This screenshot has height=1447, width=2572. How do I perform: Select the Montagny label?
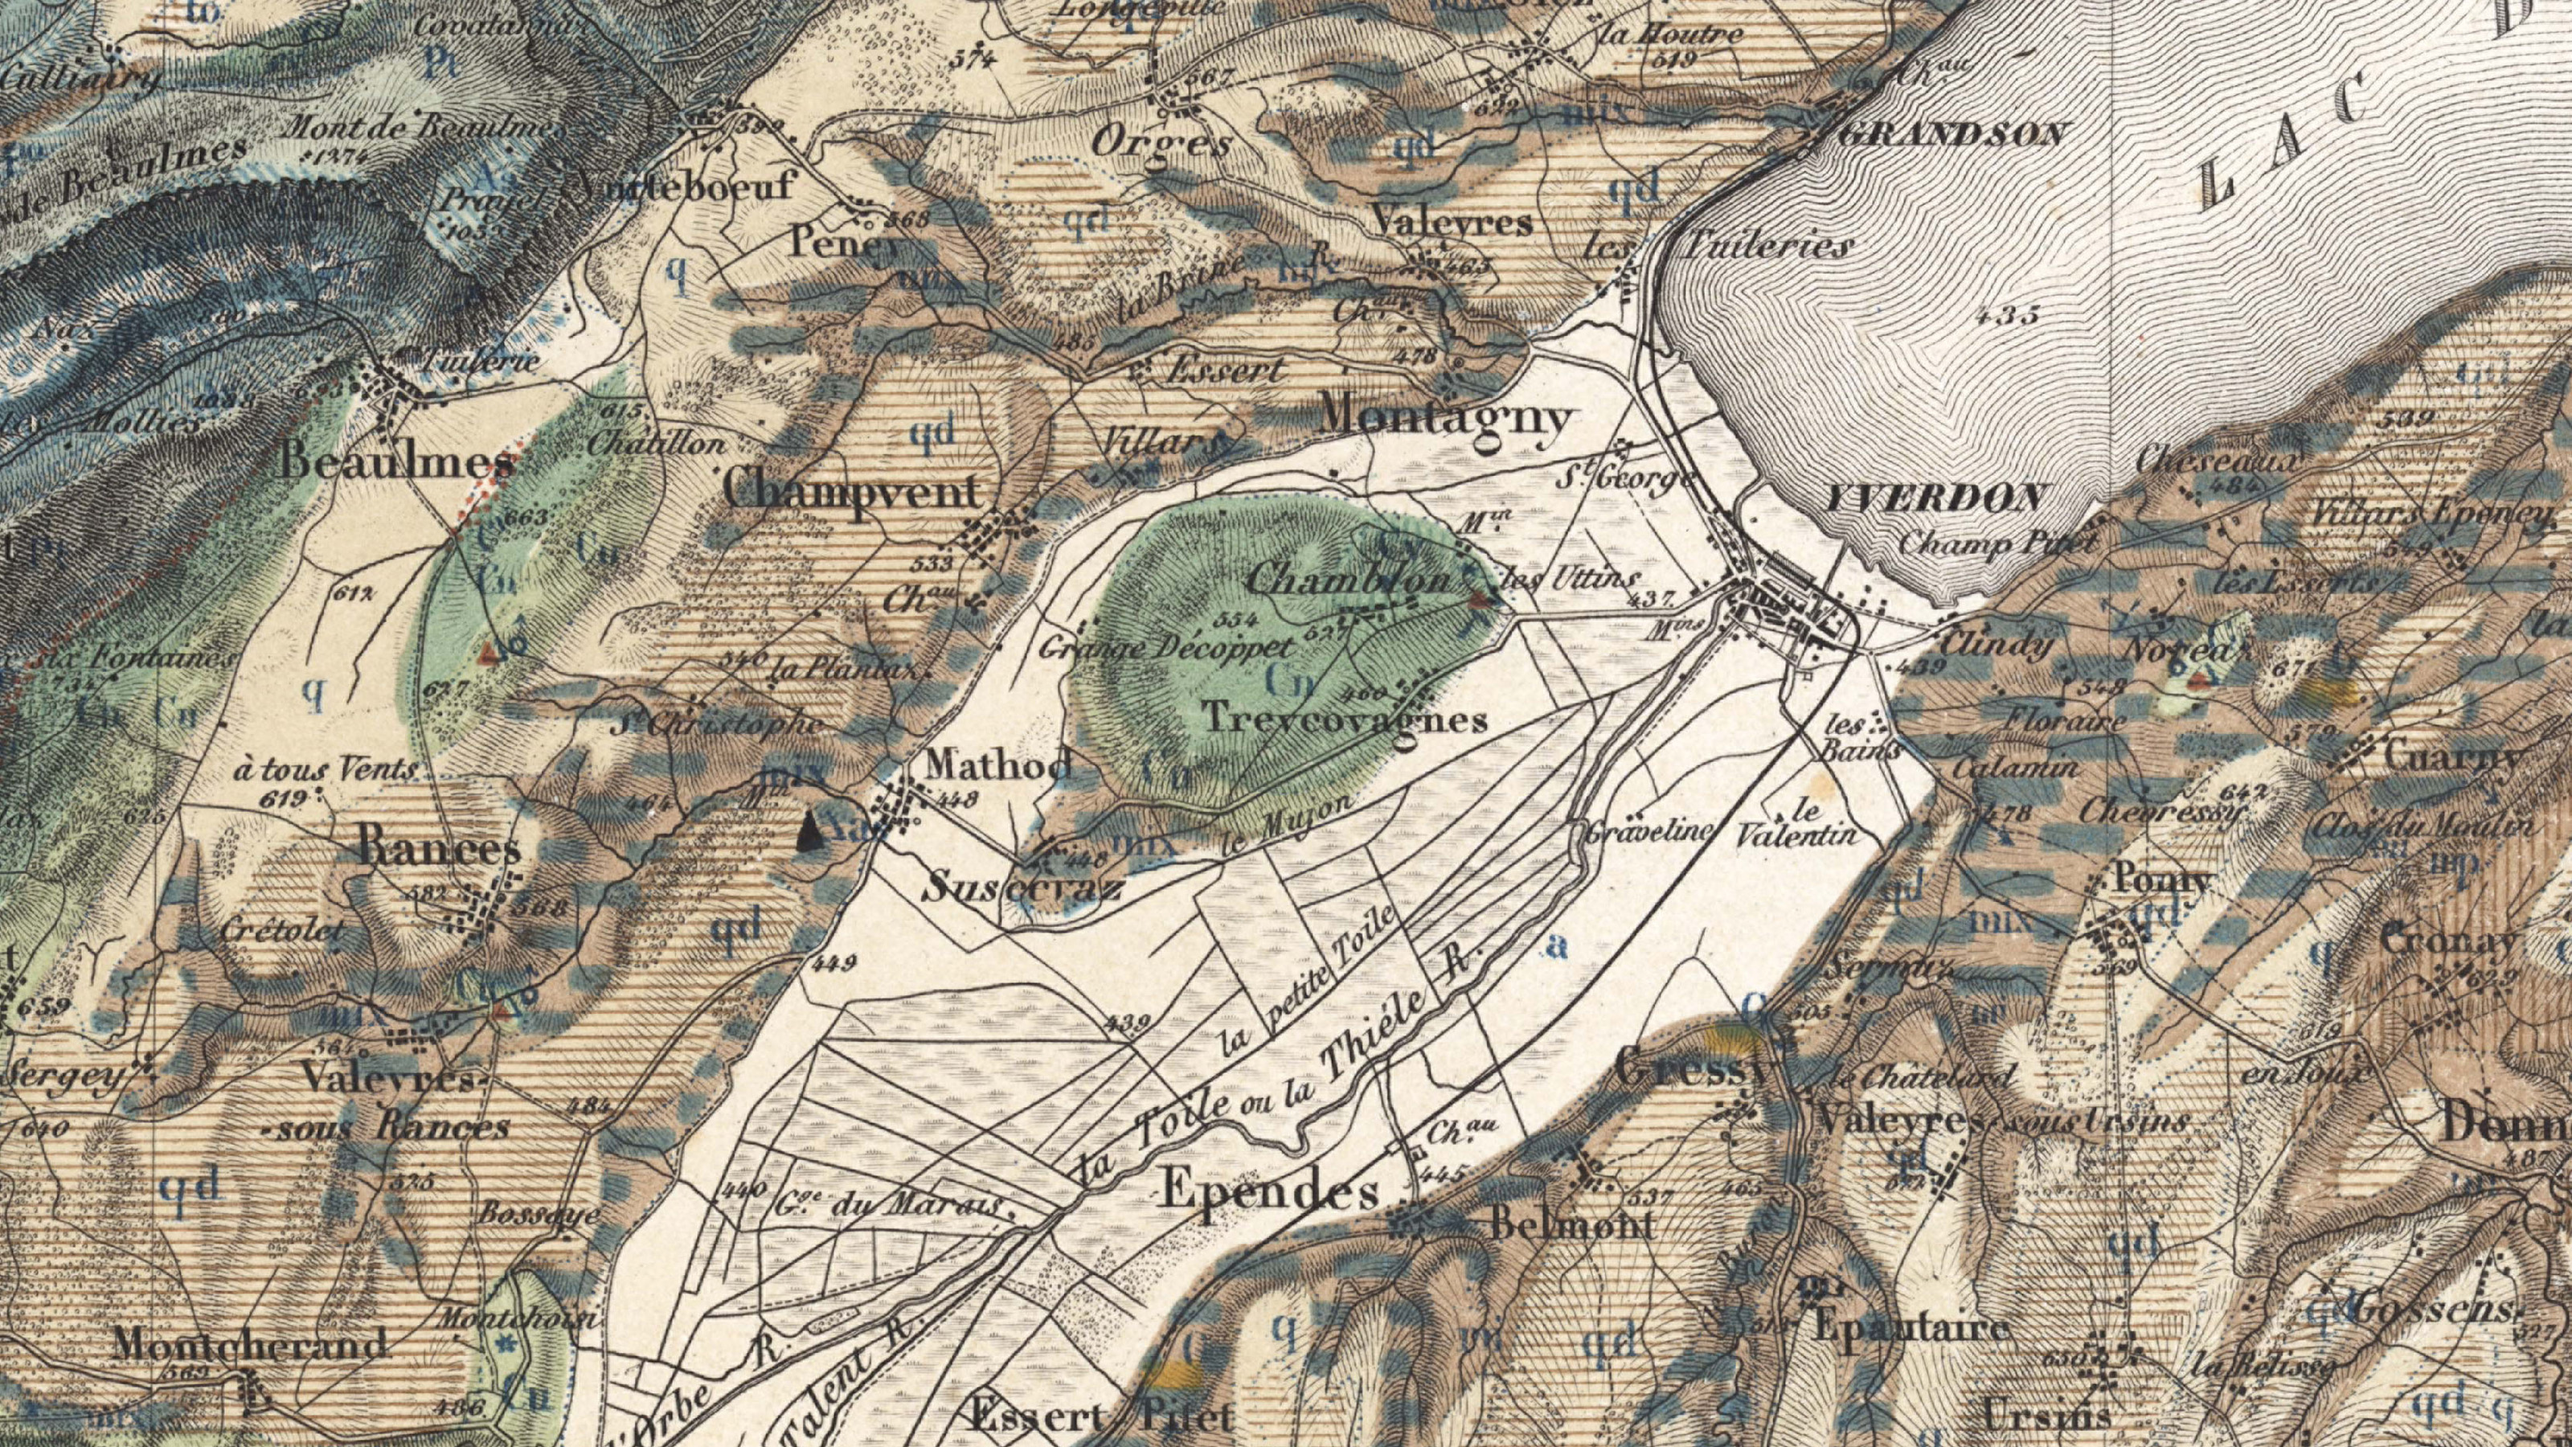coord(1445,417)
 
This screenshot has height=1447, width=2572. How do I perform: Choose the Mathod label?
coord(998,766)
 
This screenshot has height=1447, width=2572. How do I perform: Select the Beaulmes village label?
coord(397,462)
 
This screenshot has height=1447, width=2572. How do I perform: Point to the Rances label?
coord(440,850)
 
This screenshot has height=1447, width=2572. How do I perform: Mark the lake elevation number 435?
coord(2008,317)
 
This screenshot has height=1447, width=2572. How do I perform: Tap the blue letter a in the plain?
coord(1554,945)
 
